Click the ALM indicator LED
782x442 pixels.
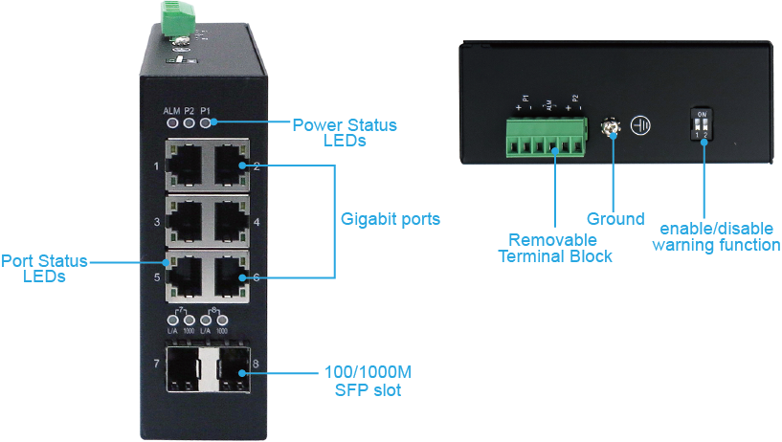pos(172,122)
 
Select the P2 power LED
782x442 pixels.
pos(190,122)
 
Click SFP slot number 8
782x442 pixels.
pos(231,368)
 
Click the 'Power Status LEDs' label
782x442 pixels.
pos(345,133)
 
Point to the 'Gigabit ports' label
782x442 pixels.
pos(391,219)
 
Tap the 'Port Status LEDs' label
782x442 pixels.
pos(45,268)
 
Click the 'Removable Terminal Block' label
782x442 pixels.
pos(553,248)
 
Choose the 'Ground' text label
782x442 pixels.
pos(614,219)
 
